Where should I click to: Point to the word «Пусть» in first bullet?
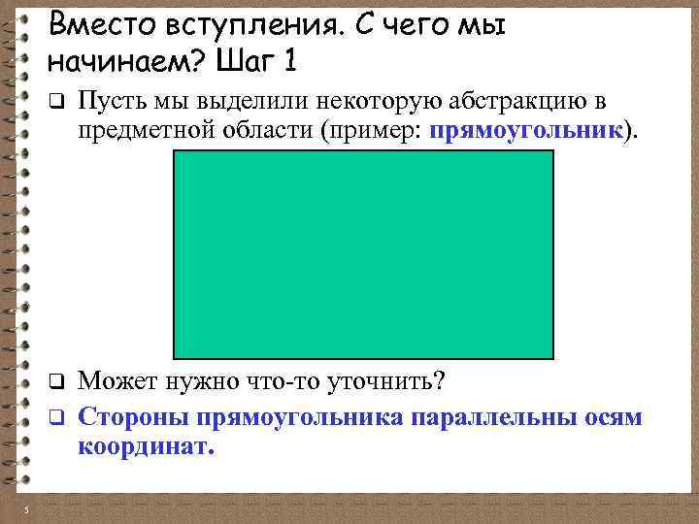[x=106, y=99]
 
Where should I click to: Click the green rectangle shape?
[x=363, y=254]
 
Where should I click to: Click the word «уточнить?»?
[x=387, y=379]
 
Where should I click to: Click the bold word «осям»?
[x=611, y=417]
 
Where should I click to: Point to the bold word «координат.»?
[x=145, y=447]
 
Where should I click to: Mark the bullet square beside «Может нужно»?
[x=56, y=379]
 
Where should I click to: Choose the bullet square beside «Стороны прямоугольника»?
[x=56, y=418]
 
